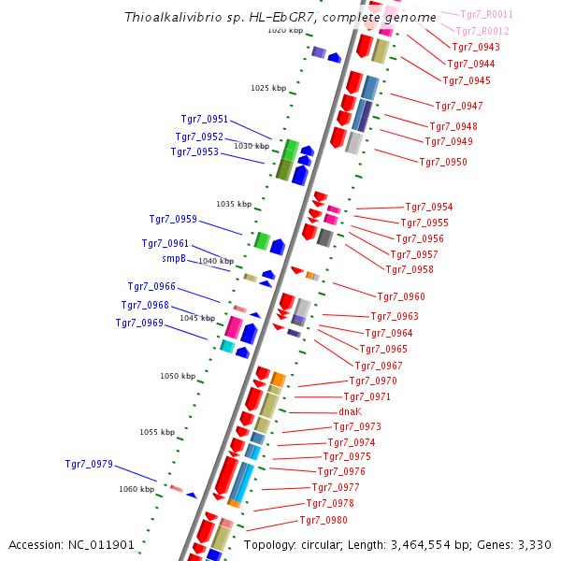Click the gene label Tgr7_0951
pos(204,119)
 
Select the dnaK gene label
pos(350,411)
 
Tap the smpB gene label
pos(174,258)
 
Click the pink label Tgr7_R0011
pos(487,14)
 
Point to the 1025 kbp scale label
pos(268,88)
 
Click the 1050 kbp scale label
pos(178,376)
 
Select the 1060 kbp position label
pos(137,489)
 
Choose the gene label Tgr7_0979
pos(89,464)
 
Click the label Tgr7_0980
pos(324,520)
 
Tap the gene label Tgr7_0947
pos(459,106)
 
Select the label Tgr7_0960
pos(401,296)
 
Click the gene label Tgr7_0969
pos(139,323)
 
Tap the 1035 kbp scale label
pos(234,204)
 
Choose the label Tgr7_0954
pos(428,207)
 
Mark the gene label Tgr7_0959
pos(173,219)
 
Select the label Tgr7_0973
pos(357,426)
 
